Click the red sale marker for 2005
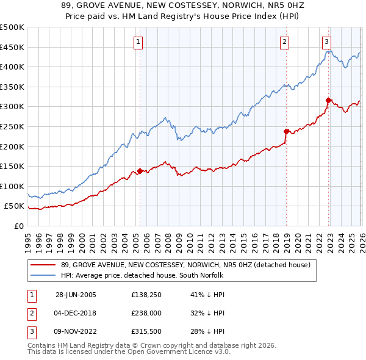coord(140,171)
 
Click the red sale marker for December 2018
coord(285,131)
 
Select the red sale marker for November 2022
coord(328,100)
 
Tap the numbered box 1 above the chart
coord(139,42)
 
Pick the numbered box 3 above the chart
coord(327,42)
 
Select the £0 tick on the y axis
coord(18,226)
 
